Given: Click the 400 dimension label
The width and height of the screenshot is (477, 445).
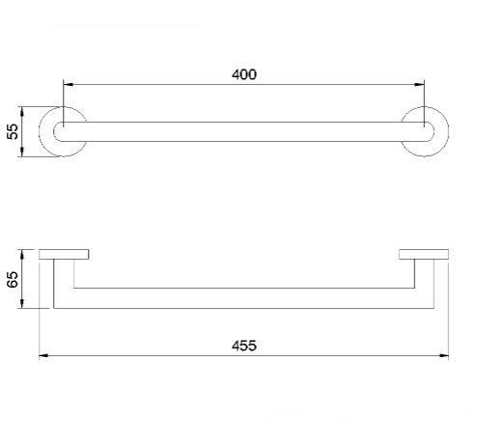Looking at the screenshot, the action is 244,74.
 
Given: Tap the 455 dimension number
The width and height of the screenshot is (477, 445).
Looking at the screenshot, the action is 244,346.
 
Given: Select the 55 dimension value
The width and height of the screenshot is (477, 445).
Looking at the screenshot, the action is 13,131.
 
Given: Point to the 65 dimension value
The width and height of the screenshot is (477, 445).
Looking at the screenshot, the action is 14,279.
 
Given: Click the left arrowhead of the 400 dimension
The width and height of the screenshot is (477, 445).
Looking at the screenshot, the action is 68,85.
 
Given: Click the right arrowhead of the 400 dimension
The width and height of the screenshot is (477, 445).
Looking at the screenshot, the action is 419,85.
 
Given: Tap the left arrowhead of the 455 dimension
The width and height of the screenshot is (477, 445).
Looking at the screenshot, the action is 43,355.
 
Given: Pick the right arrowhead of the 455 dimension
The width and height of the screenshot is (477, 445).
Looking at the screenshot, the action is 444,355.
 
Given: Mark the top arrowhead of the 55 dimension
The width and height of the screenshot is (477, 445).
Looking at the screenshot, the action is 22,112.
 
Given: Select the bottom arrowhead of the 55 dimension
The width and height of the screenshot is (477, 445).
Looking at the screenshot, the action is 22,152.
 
